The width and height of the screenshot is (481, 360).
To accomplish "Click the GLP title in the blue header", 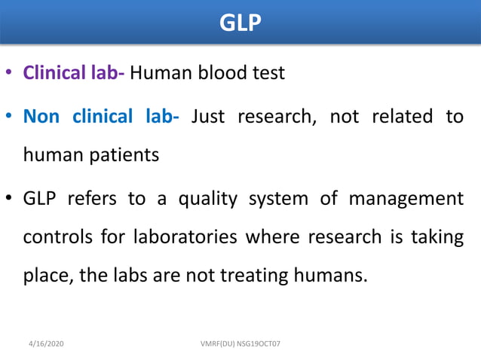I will pyautogui.click(x=240, y=23).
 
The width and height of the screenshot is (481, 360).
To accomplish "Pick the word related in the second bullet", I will pyautogui.click(x=387, y=117).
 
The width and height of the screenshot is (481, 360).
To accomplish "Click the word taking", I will pyautogui.click(x=437, y=236).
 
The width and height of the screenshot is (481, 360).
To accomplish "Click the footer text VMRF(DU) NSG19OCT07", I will pyautogui.click(x=240, y=343).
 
